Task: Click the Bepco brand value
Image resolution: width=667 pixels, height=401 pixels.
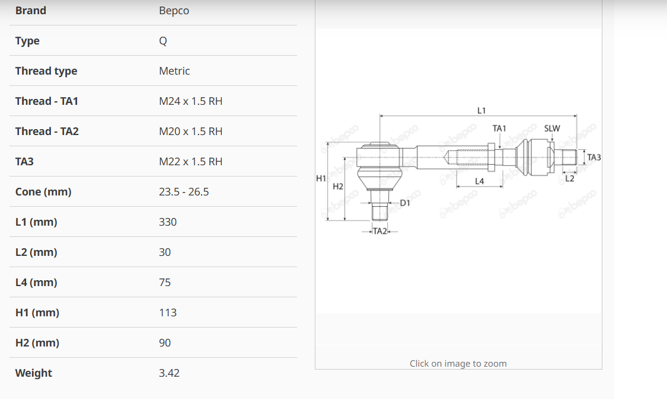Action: pos(174,11)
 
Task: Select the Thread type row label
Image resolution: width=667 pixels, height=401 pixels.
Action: pos(46,71)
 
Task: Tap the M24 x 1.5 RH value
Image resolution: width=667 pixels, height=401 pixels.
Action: pos(190,101)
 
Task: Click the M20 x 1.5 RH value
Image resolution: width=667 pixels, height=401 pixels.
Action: pos(190,131)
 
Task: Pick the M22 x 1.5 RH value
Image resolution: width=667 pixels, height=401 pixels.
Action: pos(190,162)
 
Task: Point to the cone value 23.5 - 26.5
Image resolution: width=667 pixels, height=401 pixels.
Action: pos(184,191)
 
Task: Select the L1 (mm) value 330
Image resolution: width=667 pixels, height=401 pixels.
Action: pos(168,222)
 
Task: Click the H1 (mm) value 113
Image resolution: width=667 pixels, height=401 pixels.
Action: pos(168,312)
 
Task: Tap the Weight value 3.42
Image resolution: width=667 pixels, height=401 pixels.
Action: pos(170,373)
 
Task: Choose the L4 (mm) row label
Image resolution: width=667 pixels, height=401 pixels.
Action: pos(36,283)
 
